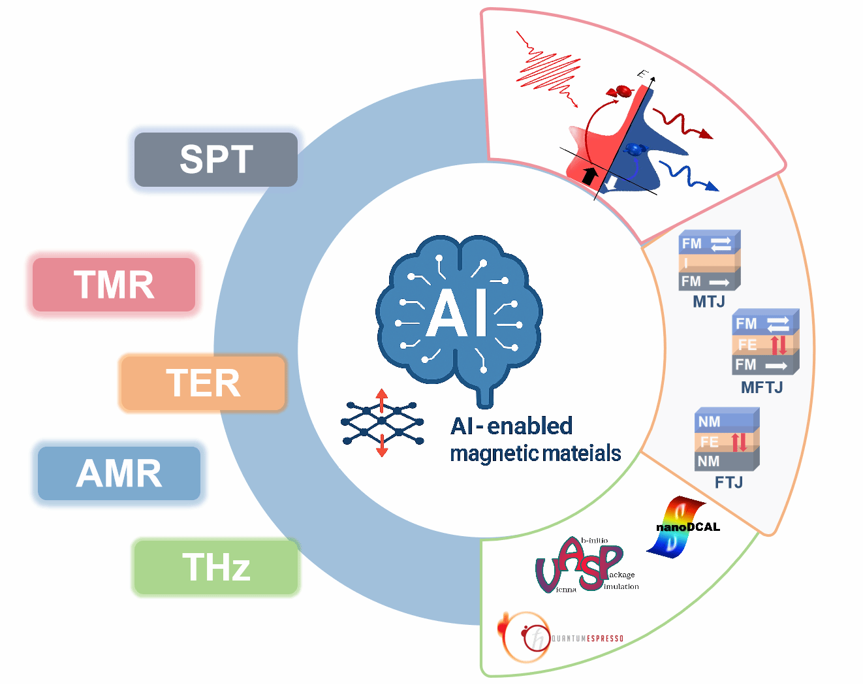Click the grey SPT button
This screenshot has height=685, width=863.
pos(216,159)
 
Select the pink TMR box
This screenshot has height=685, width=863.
pos(114,285)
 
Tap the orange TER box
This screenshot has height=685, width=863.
pos(203,383)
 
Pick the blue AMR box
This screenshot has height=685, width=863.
pos(119,473)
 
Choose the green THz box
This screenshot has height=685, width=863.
pos(216,567)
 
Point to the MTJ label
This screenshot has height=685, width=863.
pos(709,302)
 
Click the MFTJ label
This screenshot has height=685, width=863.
pos(761,388)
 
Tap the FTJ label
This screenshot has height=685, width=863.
pos(729,483)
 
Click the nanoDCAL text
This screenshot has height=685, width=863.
pos(688,527)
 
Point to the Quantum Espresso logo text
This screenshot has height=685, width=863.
pos(588,639)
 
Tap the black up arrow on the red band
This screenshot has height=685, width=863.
pos(589,175)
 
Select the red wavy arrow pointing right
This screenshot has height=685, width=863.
pos(683,125)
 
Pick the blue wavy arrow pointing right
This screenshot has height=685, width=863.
pos(688,177)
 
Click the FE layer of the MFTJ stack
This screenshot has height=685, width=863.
pos(761,345)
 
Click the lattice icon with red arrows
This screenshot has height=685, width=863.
pos(382,423)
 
